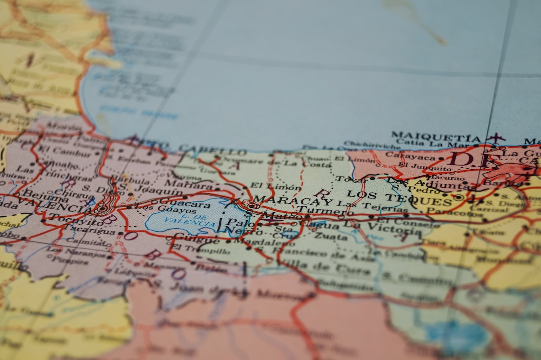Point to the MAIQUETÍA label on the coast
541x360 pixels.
[x=436, y=136]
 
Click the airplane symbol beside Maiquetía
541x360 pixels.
[x=495, y=137]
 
